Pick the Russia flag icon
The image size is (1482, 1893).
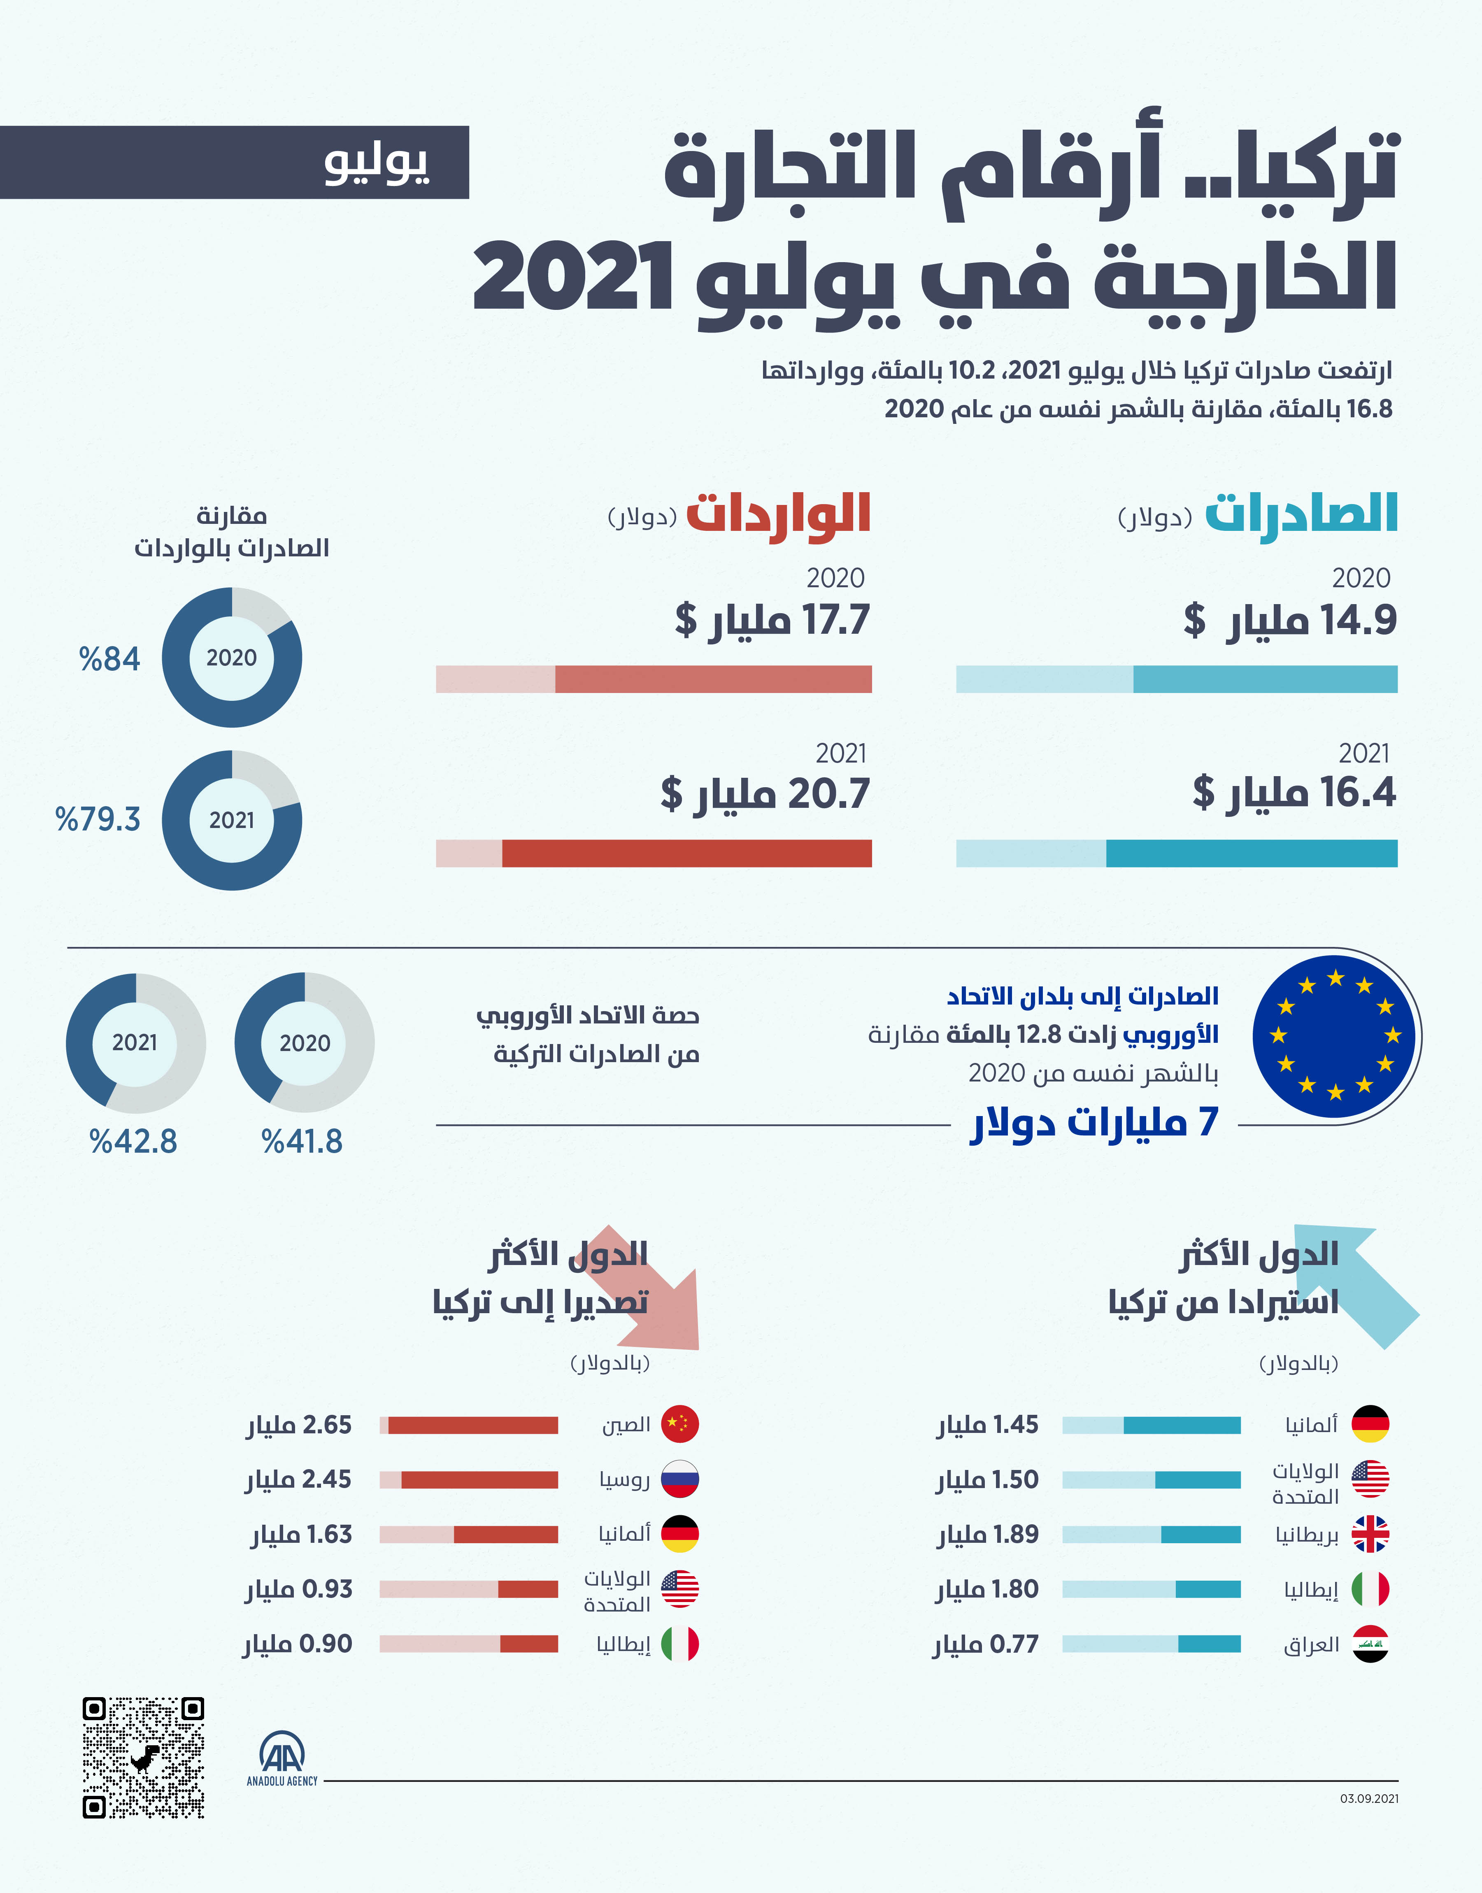(x=679, y=1479)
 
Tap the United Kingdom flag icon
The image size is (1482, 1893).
(x=1370, y=1534)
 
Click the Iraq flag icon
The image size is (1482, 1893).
(x=1370, y=1644)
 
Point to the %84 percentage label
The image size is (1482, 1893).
(x=109, y=659)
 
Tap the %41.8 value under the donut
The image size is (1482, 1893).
(x=302, y=1142)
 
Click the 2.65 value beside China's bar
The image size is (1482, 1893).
(x=326, y=1425)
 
